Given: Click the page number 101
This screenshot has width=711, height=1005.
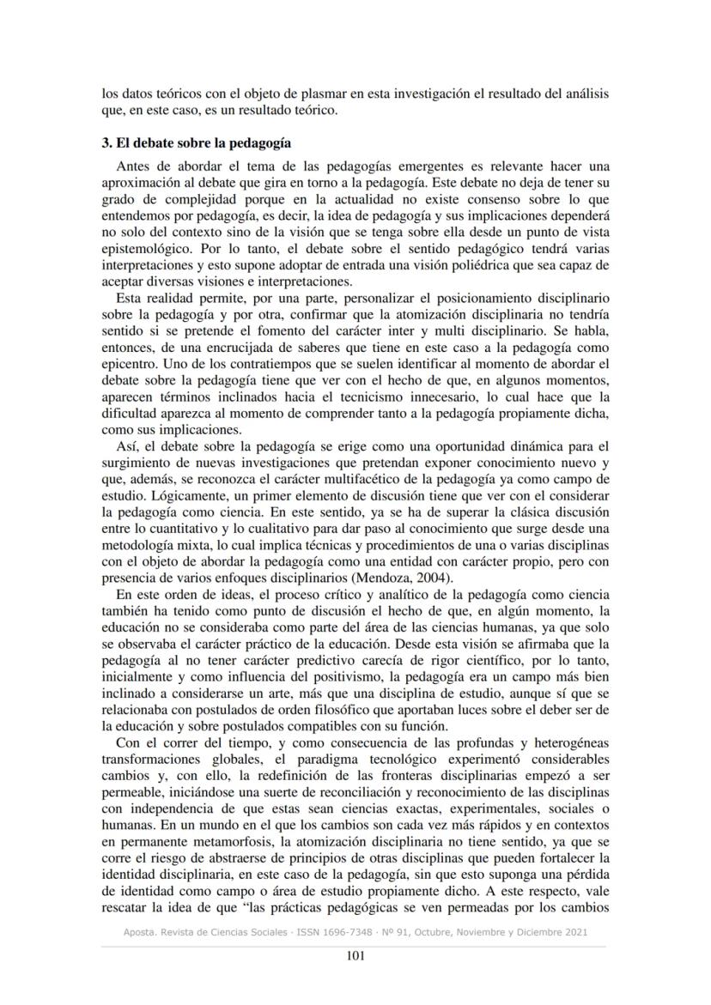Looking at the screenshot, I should (355, 958).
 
